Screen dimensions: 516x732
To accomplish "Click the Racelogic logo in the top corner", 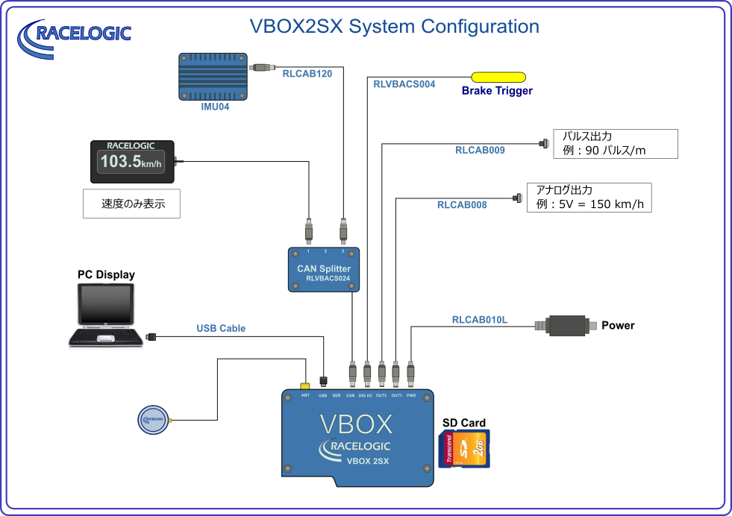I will pyautogui.click(x=75, y=35).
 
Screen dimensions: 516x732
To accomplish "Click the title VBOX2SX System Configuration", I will pyautogui.click(x=394, y=27).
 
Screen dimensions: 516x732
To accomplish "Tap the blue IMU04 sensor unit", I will pyautogui.click(x=213, y=76).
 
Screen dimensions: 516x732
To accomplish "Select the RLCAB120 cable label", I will pyautogui.click(x=307, y=74).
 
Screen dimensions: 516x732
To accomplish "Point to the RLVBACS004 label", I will pyautogui.click(x=404, y=84).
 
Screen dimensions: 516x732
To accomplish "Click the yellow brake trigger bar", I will pyautogui.click(x=498, y=77).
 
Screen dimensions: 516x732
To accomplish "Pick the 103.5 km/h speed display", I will pyautogui.click(x=132, y=162).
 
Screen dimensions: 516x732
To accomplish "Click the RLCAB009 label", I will pyautogui.click(x=480, y=150).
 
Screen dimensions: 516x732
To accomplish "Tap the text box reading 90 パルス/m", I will pyautogui.click(x=615, y=144).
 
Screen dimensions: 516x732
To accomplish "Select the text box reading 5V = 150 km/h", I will pyautogui.click(x=589, y=198).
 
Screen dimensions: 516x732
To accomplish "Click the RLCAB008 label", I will pyautogui.click(x=461, y=204).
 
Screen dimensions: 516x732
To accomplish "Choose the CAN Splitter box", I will pyautogui.click(x=323, y=269).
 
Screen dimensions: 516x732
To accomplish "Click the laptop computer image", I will pyautogui.click(x=106, y=318).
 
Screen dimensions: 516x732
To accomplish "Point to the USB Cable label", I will pyautogui.click(x=221, y=328).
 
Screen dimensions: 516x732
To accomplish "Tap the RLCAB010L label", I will pyautogui.click(x=480, y=320).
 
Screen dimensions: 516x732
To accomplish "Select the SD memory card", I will pyautogui.click(x=463, y=449).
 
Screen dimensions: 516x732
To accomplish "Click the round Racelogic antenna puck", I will pyautogui.click(x=153, y=419).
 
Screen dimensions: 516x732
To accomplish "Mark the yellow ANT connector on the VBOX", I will pyautogui.click(x=305, y=386).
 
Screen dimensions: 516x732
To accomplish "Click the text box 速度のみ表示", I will pyautogui.click(x=131, y=204).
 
